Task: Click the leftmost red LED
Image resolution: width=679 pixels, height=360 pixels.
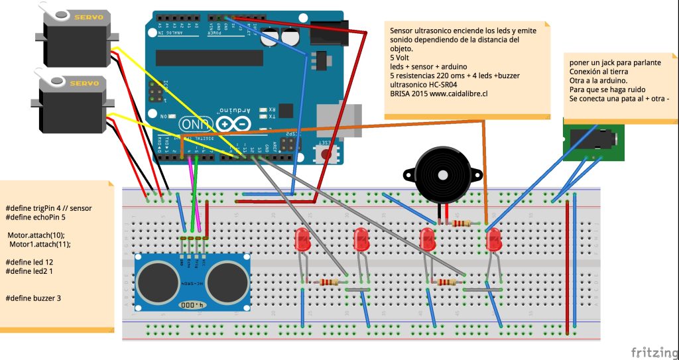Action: [302, 240]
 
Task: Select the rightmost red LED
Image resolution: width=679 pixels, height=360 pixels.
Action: [493, 240]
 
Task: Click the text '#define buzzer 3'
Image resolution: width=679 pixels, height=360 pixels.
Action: [33, 298]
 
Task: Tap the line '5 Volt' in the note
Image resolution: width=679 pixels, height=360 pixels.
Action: [400, 58]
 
